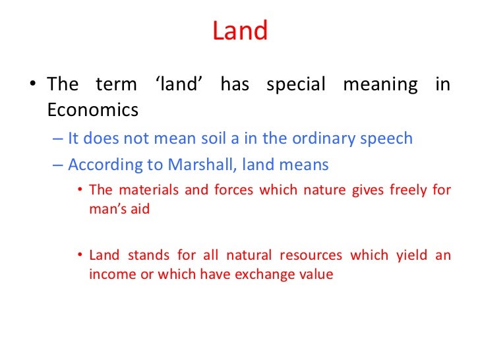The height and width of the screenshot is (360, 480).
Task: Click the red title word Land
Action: (240, 31)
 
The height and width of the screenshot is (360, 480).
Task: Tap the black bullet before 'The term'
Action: (33, 86)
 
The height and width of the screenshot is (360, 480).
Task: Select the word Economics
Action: (93, 109)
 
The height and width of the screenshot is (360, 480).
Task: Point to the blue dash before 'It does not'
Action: (57, 139)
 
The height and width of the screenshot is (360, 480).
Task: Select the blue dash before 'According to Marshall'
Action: (57, 164)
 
